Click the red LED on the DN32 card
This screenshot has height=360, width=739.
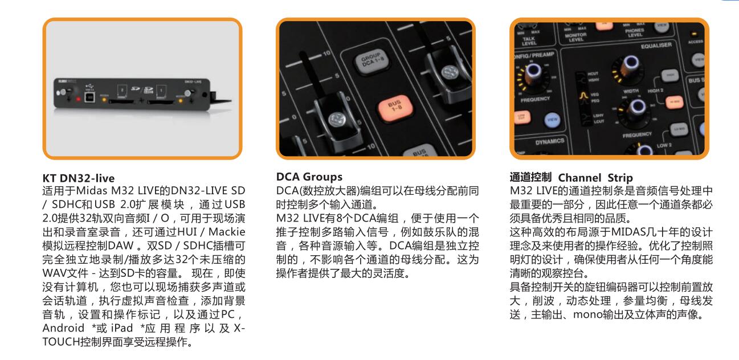78,99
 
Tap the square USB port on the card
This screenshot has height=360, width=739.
89,97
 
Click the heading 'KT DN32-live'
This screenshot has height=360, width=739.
79,178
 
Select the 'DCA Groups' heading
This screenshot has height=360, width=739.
309,177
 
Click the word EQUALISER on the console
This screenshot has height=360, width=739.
656,46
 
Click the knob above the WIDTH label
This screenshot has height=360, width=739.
630,67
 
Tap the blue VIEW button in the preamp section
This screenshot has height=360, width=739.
553,120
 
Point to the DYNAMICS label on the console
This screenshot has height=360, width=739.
550,142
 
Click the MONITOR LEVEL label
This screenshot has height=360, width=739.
575,37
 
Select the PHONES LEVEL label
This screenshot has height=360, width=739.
635,32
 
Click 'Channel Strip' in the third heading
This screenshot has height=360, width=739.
595,178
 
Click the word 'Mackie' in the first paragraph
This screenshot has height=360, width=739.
227,232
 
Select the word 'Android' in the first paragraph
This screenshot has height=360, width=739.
63,328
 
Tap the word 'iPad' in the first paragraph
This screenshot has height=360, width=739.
122,328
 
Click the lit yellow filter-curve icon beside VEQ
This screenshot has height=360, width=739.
583,95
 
